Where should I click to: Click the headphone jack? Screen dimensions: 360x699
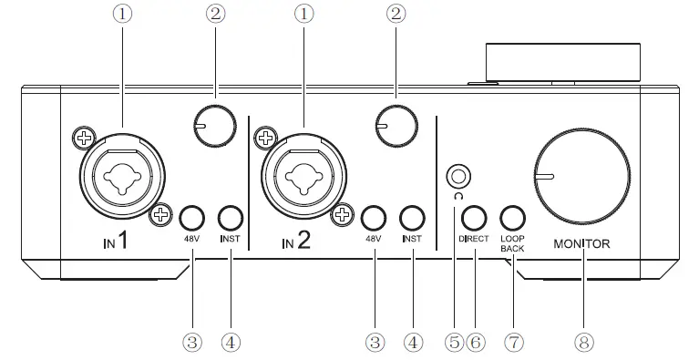click(459, 175)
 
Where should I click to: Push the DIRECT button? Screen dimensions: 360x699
click(472, 218)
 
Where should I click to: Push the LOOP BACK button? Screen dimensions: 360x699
click(513, 218)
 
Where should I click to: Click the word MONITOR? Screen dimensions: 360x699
click(582, 243)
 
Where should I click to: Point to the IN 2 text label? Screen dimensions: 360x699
click(298, 242)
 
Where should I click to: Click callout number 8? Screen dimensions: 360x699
click(581, 342)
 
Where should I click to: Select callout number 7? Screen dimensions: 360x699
click(515, 342)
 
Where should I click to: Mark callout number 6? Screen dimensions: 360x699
click(475, 342)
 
